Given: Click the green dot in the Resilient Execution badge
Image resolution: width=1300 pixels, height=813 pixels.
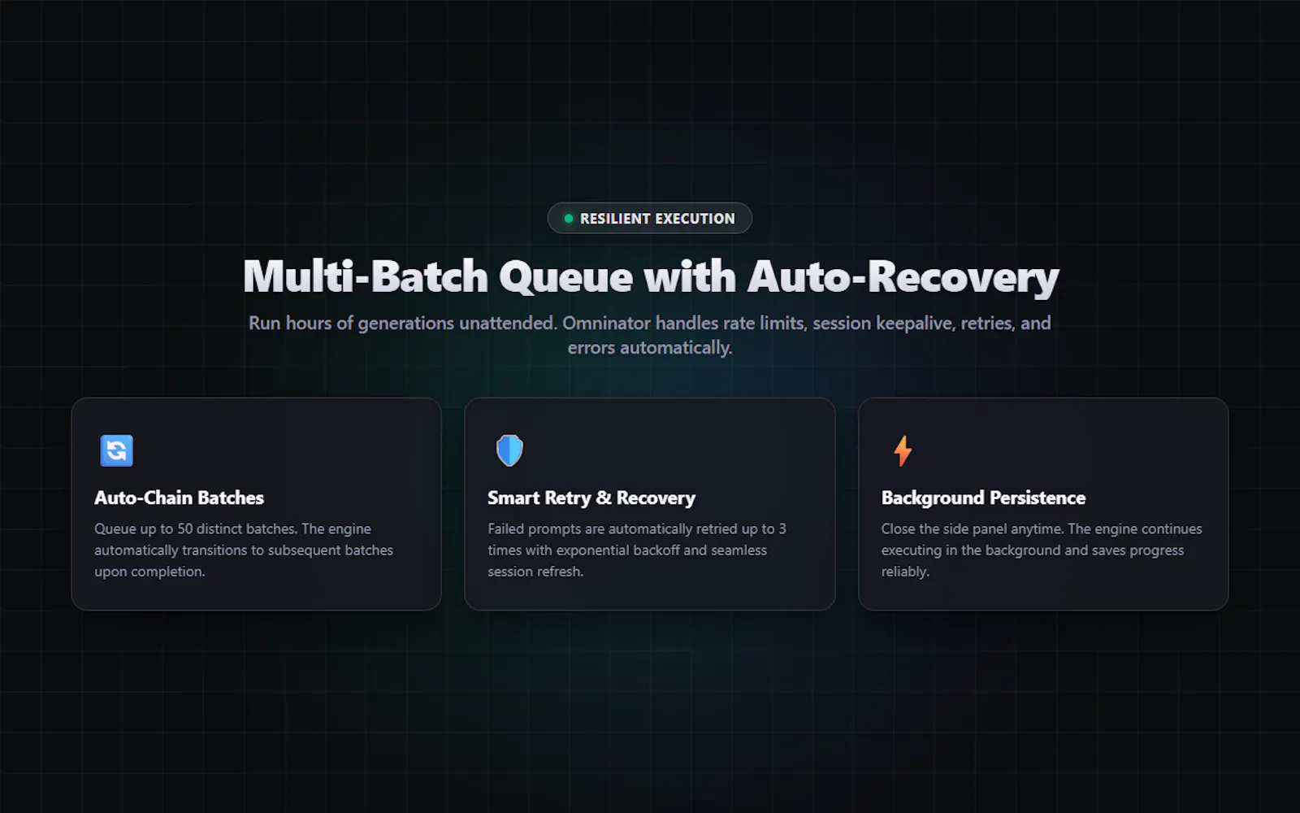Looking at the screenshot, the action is click(x=569, y=219).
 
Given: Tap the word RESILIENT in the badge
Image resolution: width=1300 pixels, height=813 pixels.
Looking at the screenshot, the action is click(x=615, y=219).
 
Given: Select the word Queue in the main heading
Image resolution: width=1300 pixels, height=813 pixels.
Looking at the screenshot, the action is click(x=565, y=277).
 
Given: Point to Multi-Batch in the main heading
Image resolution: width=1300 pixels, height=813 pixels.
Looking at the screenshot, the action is click(x=366, y=276).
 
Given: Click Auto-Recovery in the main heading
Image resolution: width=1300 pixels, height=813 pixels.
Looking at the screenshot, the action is click(x=903, y=277).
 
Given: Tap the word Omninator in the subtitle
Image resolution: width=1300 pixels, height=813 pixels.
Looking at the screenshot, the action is click(x=606, y=323).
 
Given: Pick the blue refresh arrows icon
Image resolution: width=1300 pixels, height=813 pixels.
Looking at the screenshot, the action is click(x=117, y=450).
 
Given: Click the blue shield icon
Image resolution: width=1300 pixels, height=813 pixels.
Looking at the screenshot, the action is click(x=509, y=450).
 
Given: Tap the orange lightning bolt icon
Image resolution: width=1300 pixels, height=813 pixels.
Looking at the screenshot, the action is click(x=903, y=450).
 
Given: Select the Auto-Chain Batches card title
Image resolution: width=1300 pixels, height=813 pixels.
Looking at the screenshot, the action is click(x=180, y=498).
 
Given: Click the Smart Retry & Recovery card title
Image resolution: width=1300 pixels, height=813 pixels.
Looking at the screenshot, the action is click(x=591, y=498).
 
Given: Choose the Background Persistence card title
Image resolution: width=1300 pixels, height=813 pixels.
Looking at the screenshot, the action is click(x=984, y=498).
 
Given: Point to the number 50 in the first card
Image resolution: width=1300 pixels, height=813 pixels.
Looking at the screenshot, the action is click(x=184, y=529).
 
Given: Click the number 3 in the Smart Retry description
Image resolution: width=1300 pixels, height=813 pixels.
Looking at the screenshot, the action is click(x=782, y=529).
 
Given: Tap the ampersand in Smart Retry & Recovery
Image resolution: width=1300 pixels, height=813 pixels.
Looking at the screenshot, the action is click(x=604, y=498).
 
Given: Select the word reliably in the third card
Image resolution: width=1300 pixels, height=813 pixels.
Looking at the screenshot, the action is click(x=905, y=572).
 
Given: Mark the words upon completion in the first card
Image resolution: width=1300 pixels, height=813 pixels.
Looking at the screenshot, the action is click(x=149, y=572).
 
